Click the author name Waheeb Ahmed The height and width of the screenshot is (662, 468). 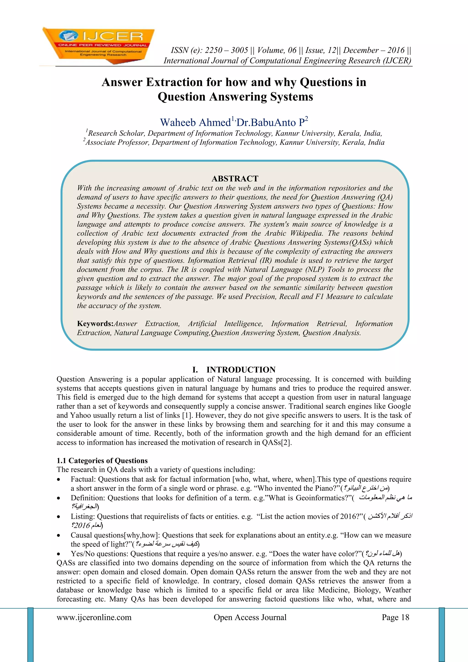click(195, 123)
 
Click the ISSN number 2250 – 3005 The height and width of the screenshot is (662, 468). click(226, 50)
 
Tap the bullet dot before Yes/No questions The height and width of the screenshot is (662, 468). click(59, 554)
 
